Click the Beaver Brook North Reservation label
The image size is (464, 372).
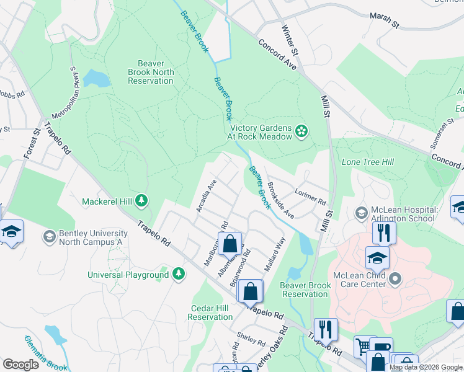146,72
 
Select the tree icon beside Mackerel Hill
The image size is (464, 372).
142,200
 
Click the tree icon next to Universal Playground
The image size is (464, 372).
179,273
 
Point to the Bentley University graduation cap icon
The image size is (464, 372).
49,236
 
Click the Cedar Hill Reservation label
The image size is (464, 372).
210,312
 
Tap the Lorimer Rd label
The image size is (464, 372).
310,197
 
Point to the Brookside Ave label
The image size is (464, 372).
280,200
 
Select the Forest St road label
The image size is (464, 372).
32,142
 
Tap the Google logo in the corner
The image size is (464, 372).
20,364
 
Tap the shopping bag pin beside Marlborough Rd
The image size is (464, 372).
230,243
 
